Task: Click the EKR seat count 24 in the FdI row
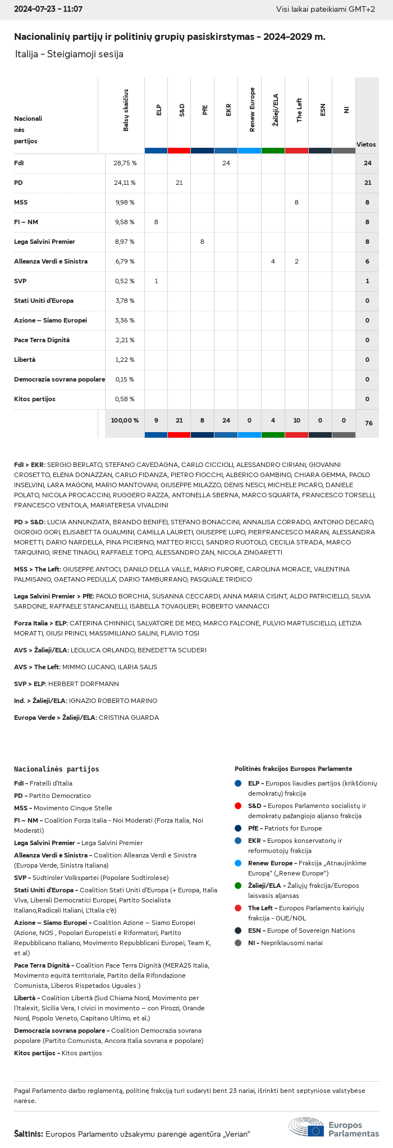tap(226, 163)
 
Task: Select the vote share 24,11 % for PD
tap(125, 183)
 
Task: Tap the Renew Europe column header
tap(252, 110)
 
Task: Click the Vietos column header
tap(366, 144)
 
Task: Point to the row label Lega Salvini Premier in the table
tap(44, 242)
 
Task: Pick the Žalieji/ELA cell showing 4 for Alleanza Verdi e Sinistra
tap(273, 261)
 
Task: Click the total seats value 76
tap(368, 423)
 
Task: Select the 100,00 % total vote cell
tap(125, 420)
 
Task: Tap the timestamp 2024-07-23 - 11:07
tap(48, 10)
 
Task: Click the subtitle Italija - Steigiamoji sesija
tap(69, 54)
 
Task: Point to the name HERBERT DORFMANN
tap(84, 684)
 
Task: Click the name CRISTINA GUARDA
tap(129, 718)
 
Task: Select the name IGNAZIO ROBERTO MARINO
tap(113, 701)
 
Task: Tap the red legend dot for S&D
tap(238, 806)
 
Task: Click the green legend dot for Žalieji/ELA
tap(238, 886)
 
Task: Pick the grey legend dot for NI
tap(238, 943)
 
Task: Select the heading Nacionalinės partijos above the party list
tap(56, 769)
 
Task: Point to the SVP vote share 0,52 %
tap(125, 281)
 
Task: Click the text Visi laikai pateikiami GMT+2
tap(326, 10)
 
